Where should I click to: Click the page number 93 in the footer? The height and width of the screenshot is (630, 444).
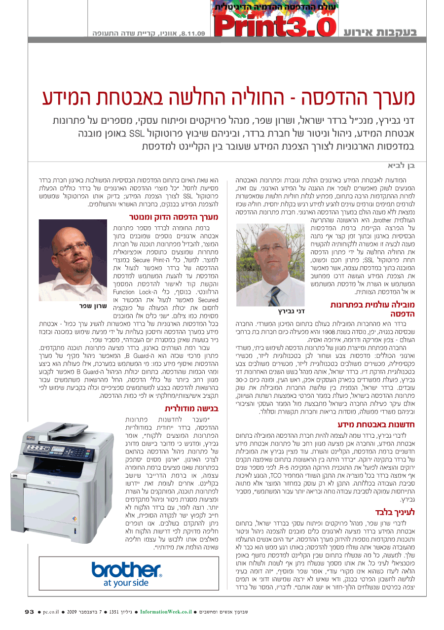point(30,612)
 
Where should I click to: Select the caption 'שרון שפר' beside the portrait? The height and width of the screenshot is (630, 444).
point(93,306)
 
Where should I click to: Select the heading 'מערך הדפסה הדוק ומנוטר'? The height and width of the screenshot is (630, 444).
point(173,216)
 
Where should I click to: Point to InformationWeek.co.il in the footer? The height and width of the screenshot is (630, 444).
point(166,612)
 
